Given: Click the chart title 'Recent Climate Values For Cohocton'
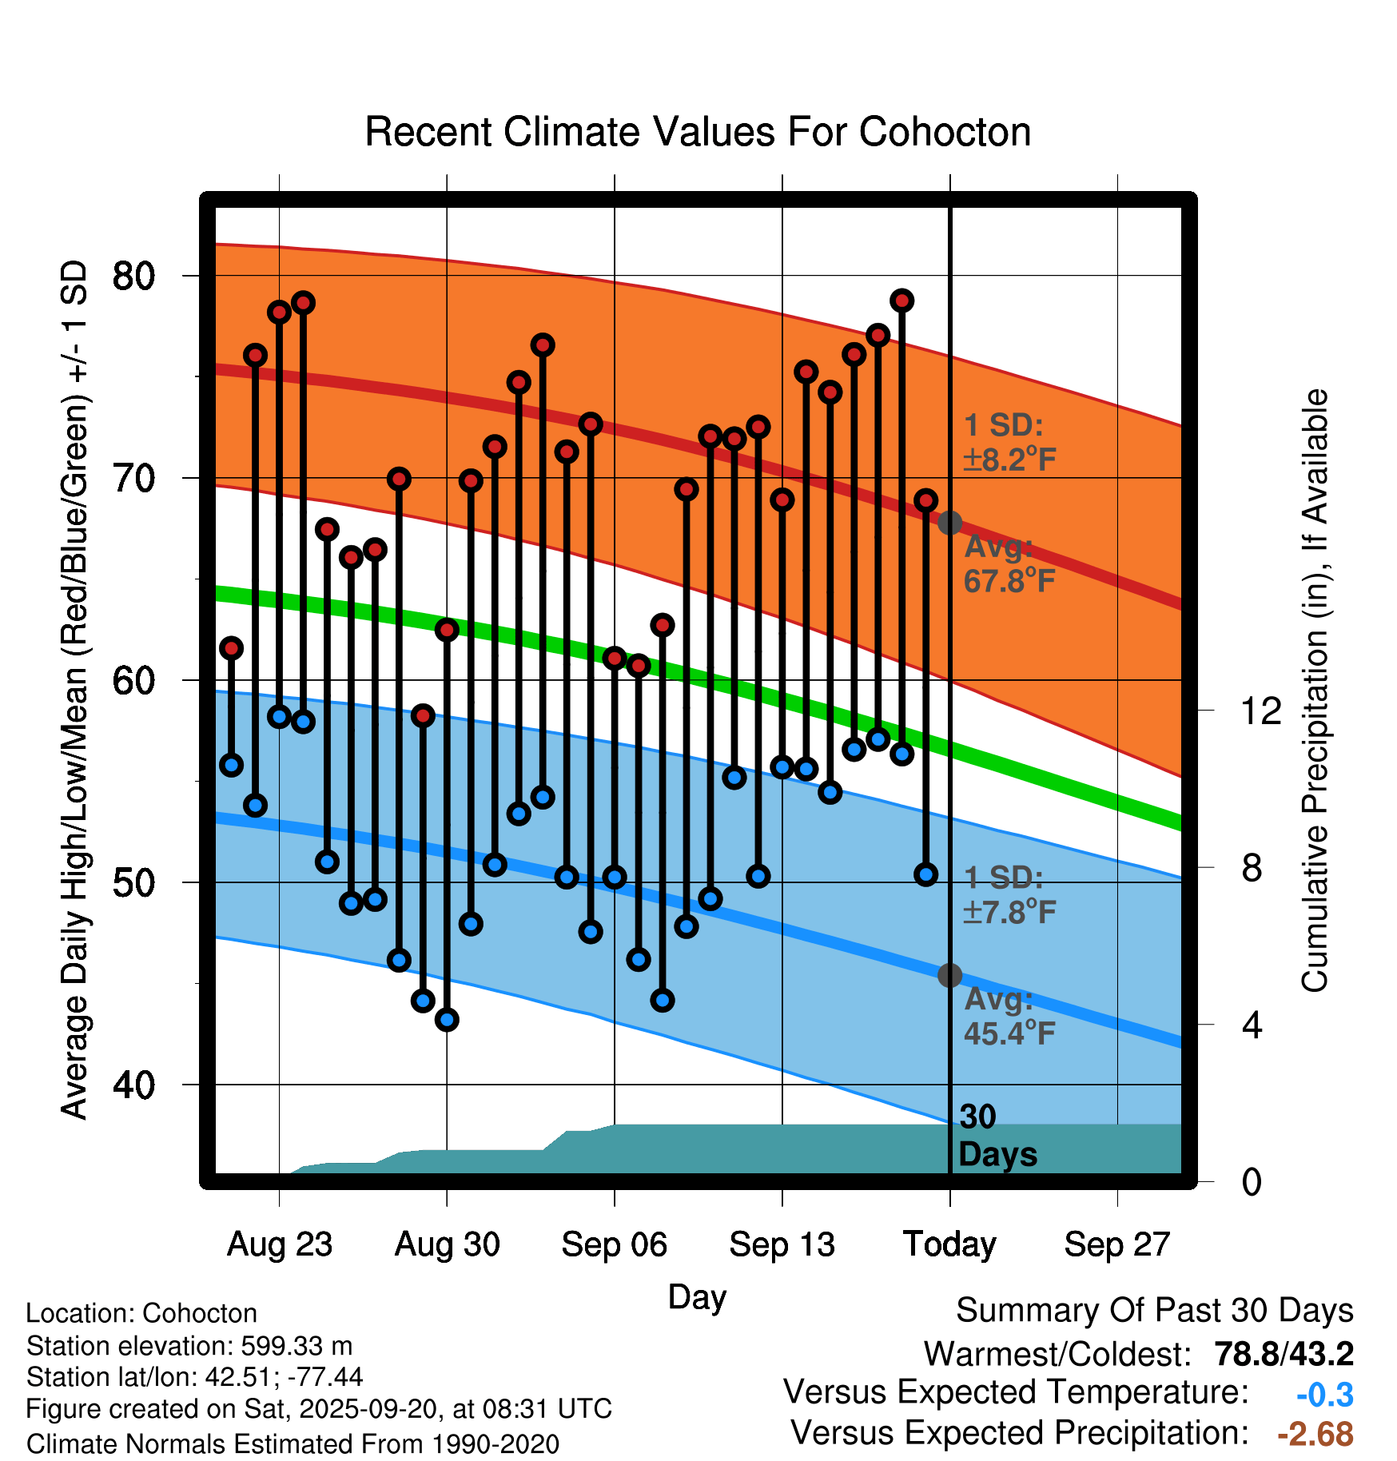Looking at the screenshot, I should [698, 132].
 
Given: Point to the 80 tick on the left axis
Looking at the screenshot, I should [134, 277].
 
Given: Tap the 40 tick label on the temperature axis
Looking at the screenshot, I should [134, 1085].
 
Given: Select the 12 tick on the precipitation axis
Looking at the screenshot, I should [1261, 711].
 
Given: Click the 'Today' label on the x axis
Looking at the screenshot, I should [949, 1244].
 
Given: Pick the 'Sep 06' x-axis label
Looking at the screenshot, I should [614, 1244].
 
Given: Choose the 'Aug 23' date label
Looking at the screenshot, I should [279, 1244].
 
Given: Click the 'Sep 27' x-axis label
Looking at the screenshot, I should [1116, 1244].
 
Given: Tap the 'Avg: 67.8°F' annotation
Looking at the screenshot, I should [1009, 564].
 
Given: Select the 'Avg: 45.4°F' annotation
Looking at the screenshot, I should [1009, 1017].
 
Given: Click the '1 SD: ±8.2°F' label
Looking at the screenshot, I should [1009, 442].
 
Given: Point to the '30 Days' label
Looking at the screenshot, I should [997, 1136].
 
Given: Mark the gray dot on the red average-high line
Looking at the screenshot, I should [949, 523].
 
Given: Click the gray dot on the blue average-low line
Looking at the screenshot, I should [949, 975].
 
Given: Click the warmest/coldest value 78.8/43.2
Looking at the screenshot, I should [1284, 1354].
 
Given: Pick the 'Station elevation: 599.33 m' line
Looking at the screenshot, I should [189, 1346].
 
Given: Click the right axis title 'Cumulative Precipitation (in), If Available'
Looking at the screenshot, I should [1315, 691].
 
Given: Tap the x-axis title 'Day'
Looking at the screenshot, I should [697, 1296].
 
